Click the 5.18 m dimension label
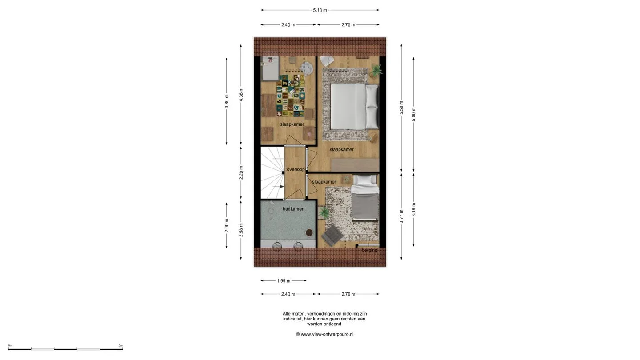[320, 10]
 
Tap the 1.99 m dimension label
[284, 281]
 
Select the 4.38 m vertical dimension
[241, 95]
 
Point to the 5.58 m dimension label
[401, 108]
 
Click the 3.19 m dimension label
[413, 210]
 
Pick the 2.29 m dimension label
[241, 173]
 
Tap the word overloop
[296, 169]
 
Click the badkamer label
[293, 209]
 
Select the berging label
[369, 250]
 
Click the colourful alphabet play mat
[290, 96]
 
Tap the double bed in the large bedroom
[355, 106]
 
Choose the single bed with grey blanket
[365, 198]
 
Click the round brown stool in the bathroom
[309, 232]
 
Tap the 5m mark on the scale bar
[120, 345]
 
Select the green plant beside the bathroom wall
[324, 212]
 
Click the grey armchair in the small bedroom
[332, 236]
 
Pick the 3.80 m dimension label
[227, 101]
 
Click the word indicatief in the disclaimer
[292, 319]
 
